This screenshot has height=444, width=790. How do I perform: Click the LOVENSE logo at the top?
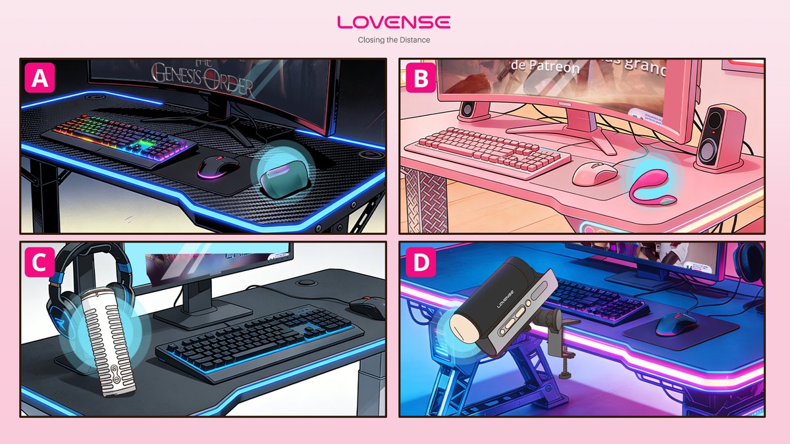click(394, 22)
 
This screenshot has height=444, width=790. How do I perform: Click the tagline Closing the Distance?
click(394, 40)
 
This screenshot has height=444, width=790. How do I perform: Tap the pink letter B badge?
click(421, 79)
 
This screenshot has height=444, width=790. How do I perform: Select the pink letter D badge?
click(421, 262)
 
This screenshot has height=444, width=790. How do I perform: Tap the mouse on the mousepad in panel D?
click(675, 322)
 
